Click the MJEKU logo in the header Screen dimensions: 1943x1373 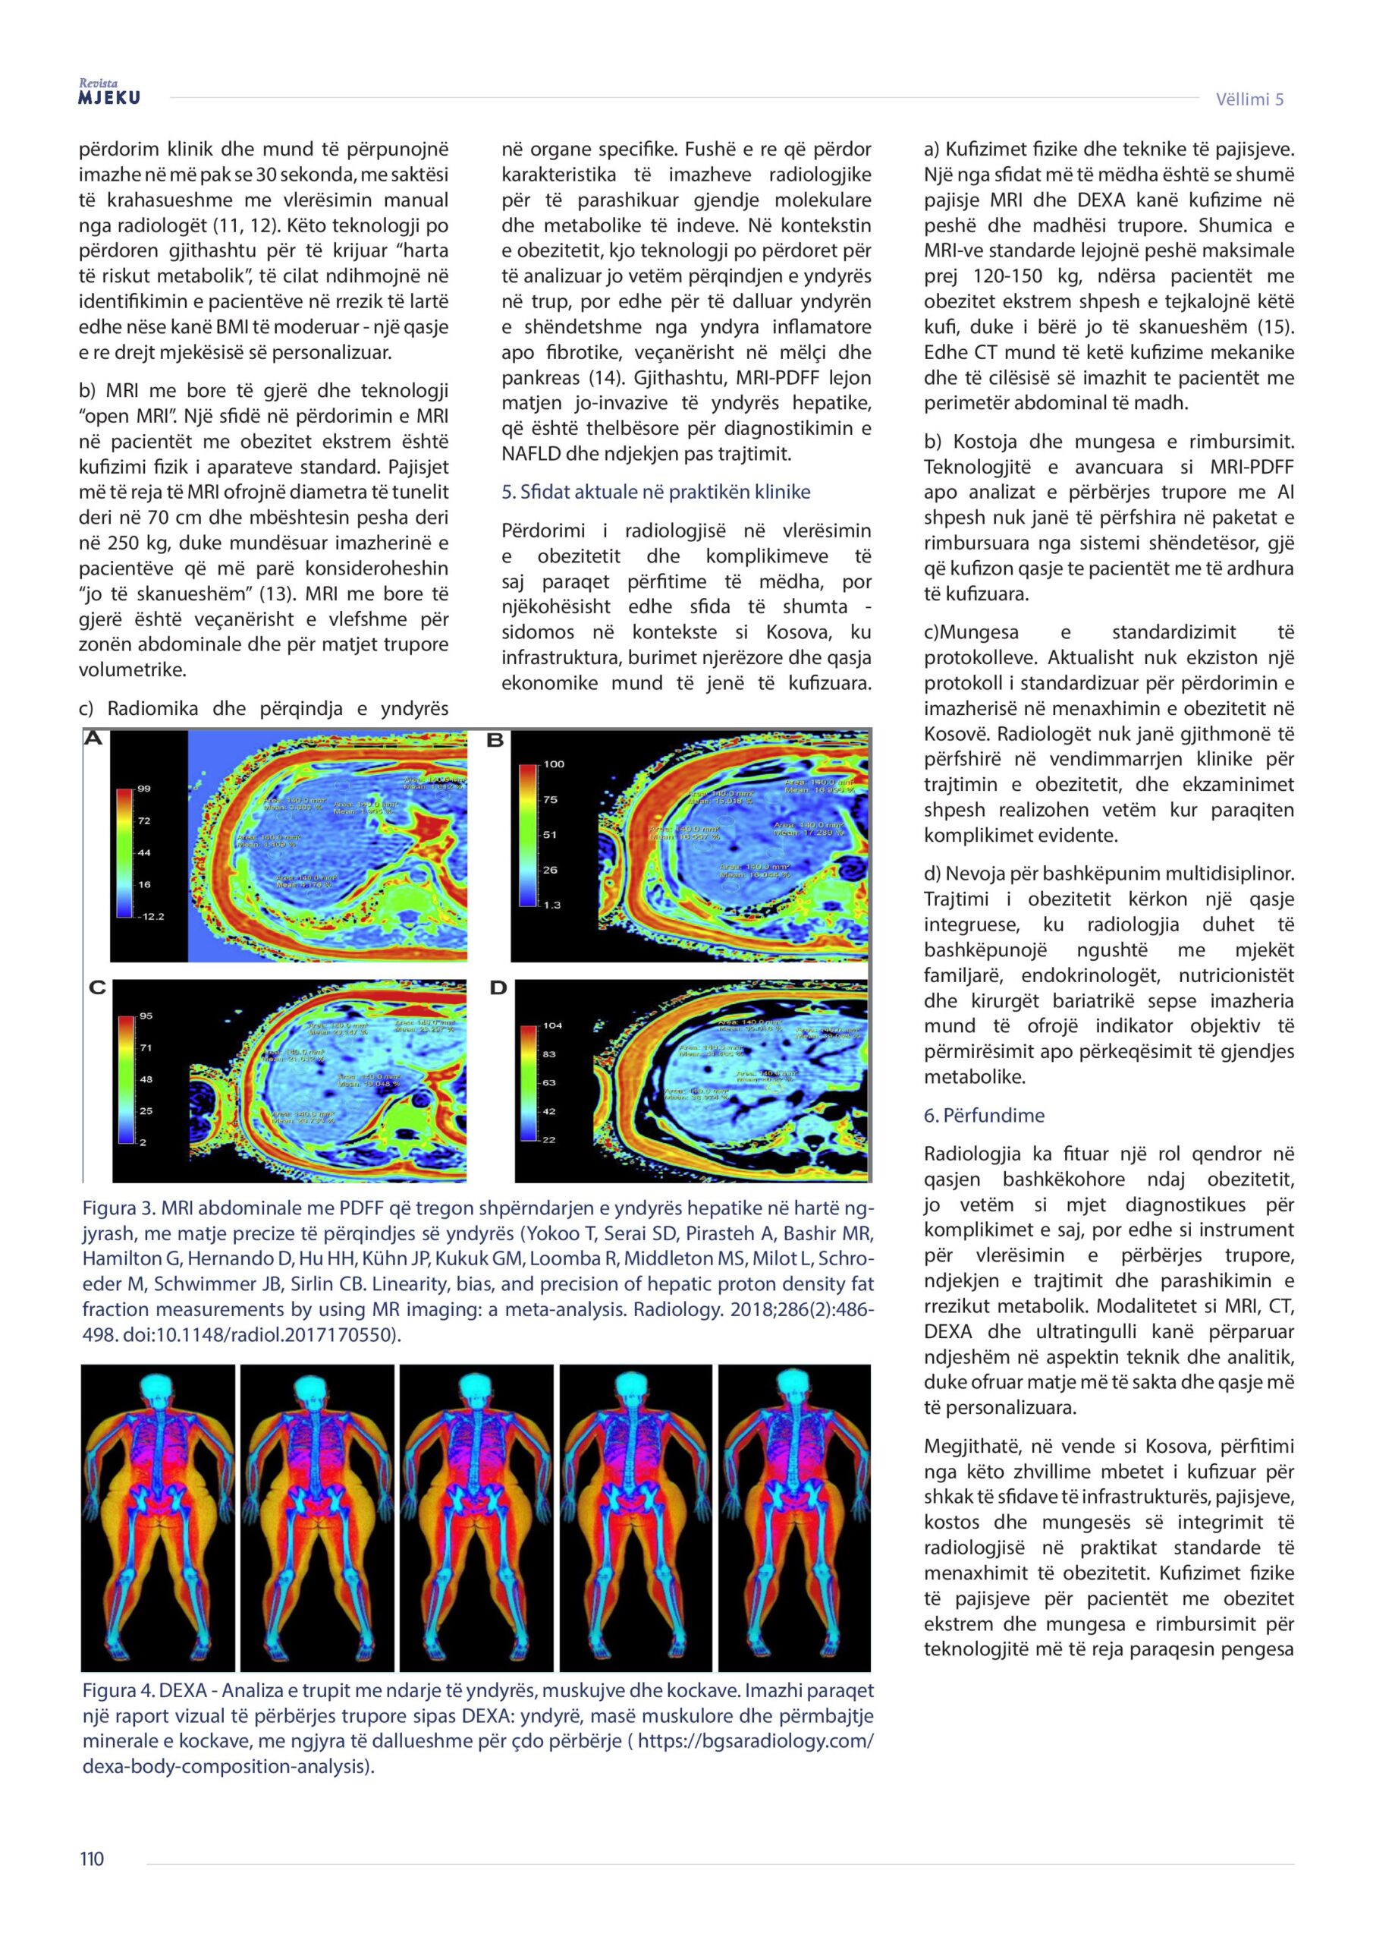click(x=109, y=96)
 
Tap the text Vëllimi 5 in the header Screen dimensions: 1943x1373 click(x=1249, y=99)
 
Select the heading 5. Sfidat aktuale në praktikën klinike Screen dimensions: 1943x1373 click(x=655, y=492)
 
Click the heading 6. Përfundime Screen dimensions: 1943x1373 click(x=984, y=1116)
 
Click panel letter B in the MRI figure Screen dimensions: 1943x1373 click(x=496, y=742)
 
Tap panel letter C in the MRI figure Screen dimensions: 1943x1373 click(x=97, y=987)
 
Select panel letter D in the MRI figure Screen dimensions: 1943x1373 click(x=498, y=987)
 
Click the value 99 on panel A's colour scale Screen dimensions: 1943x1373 click(x=144, y=789)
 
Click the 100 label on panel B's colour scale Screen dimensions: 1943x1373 click(x=553, y=764)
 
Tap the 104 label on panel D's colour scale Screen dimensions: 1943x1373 click(x=552, y=1025)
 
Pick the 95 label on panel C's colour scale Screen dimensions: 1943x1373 click(x=146, y=1016)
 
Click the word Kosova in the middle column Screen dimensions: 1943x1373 click(x=795, y=632)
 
